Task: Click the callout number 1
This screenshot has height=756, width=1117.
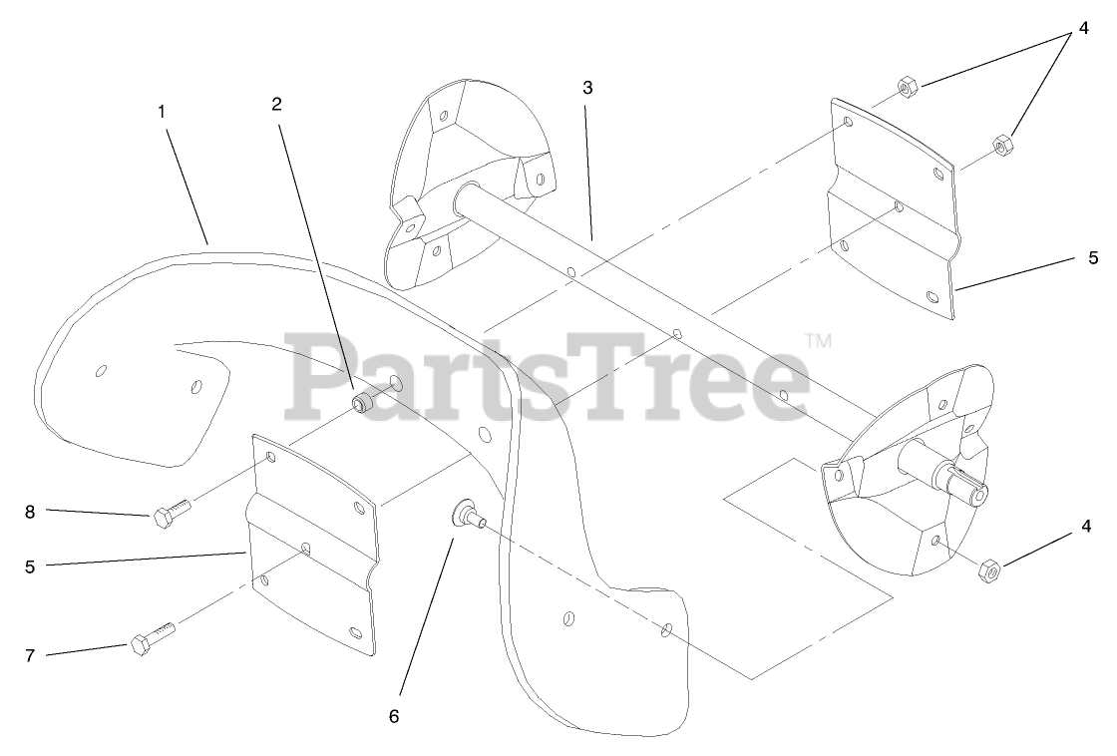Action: (161, 112)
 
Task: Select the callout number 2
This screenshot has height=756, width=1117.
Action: (277, 103)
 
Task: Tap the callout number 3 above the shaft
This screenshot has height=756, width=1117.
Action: (587, 88)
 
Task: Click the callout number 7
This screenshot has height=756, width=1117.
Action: (30, 655)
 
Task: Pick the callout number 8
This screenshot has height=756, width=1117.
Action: (30, 512)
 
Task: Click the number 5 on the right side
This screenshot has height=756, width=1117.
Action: (1093, 257)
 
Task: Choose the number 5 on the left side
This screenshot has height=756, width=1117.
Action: (30, 566)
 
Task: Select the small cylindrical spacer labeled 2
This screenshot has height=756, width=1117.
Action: (361, 403)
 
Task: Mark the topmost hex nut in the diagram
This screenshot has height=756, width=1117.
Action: (907, 86)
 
